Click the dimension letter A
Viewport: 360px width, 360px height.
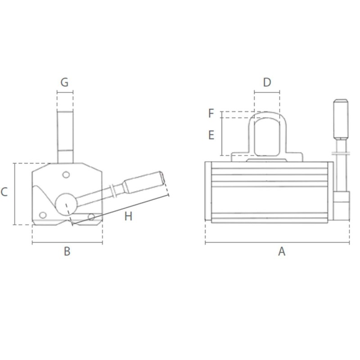(x=282, y=252)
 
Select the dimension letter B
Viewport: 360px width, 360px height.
(x=67, y=252)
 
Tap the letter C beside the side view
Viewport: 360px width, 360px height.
(x=4, y=193)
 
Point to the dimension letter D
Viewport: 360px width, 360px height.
(x=267, y=82)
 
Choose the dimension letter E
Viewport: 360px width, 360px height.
(x=211, y=135)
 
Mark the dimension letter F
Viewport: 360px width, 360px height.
(x=211, y=113)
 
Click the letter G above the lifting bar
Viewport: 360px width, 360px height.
(x=64, y=82)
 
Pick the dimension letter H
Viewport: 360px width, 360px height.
(x=129, y=216)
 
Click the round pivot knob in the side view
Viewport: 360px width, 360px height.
(x=66, y=204)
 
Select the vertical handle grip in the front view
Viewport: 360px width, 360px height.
(x=340, y=119)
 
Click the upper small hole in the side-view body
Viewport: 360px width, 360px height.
(x=66, y=175)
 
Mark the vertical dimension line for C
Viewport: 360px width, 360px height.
(x=15, y=193)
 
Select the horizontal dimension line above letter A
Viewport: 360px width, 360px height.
(x=277, y=243)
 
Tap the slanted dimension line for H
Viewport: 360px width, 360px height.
(x=121, y=210)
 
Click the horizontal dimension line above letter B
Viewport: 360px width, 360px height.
(x=67, y=243)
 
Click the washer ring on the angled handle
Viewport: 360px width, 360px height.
(x=114, y=191)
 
